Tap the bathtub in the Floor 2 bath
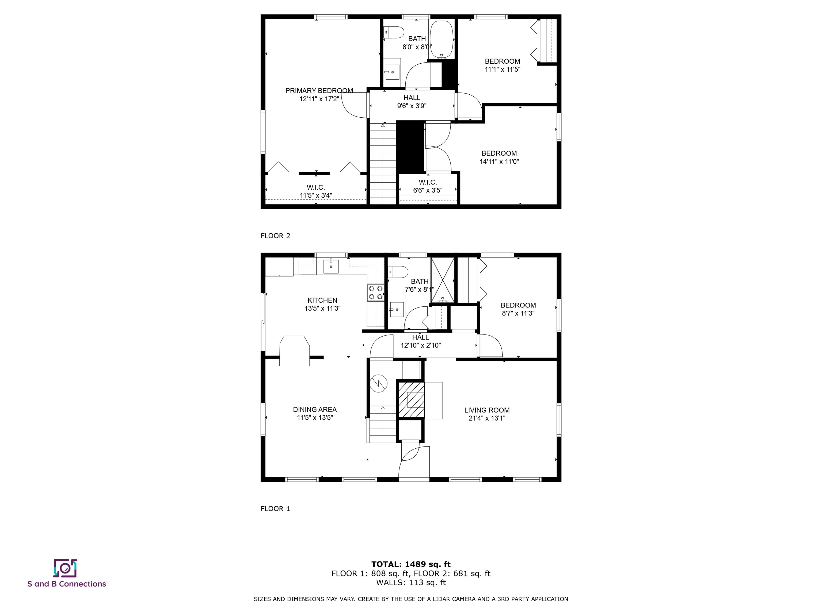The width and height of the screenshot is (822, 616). pos(441,39)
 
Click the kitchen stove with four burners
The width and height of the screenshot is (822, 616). pos(376,292)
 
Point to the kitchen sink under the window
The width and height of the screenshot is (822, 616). pos(331,266)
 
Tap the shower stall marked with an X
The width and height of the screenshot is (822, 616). pos(443,280)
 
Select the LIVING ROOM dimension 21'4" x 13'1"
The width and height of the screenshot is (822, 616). pos(487,418)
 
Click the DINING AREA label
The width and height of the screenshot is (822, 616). pos(315,409)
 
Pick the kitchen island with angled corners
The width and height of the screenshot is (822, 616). pos(295,351)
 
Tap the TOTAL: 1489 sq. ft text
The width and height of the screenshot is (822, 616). pos(411,564)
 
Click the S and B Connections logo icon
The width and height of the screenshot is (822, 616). pos(65,568)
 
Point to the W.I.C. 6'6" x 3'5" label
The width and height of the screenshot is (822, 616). pos(428,186)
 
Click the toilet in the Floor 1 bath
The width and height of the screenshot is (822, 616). pos(398,272)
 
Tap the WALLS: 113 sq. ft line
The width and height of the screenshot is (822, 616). pos(411,582)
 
